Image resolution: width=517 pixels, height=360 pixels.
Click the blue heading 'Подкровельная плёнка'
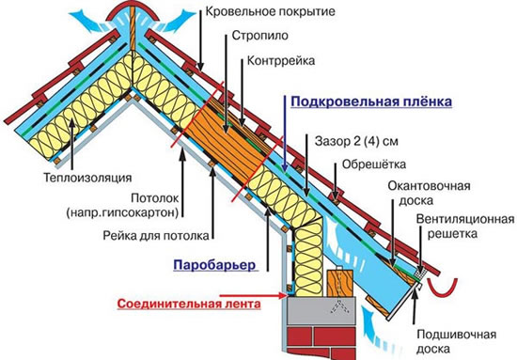358,101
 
